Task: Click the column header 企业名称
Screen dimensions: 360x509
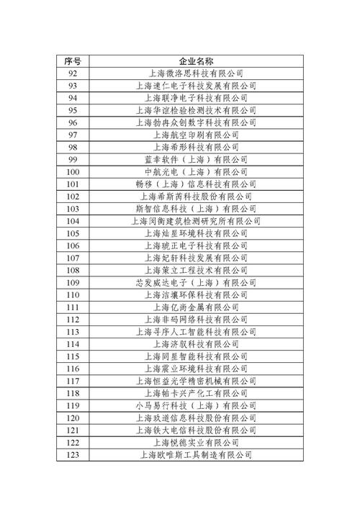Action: (x=196, y=60)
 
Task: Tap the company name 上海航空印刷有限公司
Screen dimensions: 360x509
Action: (x=196, y=135)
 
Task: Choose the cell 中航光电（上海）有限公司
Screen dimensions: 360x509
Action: (x=196, y=172)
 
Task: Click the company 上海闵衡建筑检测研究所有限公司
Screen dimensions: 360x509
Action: (x=196, y=221)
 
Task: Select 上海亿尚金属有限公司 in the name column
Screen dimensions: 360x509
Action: (x=196, y=307)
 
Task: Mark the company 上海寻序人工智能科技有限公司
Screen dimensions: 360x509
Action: (x=196, y=332)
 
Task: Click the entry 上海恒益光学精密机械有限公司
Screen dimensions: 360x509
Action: (x=196, y=381)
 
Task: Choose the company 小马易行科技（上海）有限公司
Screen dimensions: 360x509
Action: (x=196, y=405)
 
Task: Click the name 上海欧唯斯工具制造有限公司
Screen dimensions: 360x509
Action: (x=196, y=455)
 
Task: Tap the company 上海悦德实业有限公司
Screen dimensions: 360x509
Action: (x=196, y=442)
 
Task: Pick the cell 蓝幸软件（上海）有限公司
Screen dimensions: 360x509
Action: (x=196, y=159)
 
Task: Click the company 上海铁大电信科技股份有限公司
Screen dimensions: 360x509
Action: (x=196, y=430)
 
